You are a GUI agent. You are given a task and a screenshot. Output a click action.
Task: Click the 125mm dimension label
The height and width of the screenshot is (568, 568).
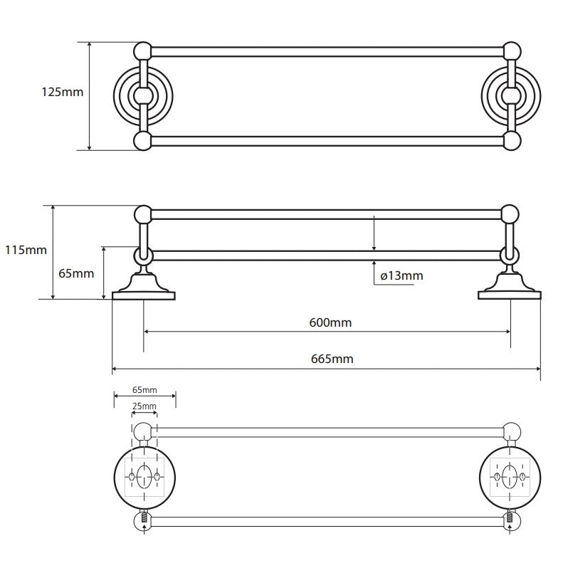63,92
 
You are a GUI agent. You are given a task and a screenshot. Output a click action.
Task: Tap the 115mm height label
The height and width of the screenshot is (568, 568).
26,250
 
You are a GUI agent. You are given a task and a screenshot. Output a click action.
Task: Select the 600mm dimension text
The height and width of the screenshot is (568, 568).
330,322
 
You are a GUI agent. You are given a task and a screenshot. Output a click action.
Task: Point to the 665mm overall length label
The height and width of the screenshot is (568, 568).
332,359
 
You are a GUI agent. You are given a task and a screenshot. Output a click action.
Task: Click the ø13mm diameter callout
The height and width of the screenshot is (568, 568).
401,276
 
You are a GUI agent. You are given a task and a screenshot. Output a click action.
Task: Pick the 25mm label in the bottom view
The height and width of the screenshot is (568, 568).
144,406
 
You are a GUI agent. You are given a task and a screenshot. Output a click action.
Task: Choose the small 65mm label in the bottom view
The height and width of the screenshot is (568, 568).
144,390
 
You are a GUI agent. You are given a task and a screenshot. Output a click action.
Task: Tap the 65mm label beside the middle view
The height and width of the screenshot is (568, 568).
76,273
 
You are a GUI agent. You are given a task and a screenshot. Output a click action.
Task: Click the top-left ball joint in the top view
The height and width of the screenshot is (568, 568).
143,51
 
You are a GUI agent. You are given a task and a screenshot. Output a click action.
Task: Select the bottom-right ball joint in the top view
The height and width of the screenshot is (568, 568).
512,140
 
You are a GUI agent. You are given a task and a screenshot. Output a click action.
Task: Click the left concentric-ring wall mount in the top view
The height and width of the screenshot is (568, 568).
143,96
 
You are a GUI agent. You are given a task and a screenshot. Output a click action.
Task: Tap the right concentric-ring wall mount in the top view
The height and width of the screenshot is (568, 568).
511,96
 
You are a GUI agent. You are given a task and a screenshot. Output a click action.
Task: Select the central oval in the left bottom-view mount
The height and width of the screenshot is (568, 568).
144,477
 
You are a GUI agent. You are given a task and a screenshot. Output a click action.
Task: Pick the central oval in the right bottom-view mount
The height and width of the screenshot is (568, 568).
510,477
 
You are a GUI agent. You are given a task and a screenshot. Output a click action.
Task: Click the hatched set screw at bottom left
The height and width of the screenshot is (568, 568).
144,516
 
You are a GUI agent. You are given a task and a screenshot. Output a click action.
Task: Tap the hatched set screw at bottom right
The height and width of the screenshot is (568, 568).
510,516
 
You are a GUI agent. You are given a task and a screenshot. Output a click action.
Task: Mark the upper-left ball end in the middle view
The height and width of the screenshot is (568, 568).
143,214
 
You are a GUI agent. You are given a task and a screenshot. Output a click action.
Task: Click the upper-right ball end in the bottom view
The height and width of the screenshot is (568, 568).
512,431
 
